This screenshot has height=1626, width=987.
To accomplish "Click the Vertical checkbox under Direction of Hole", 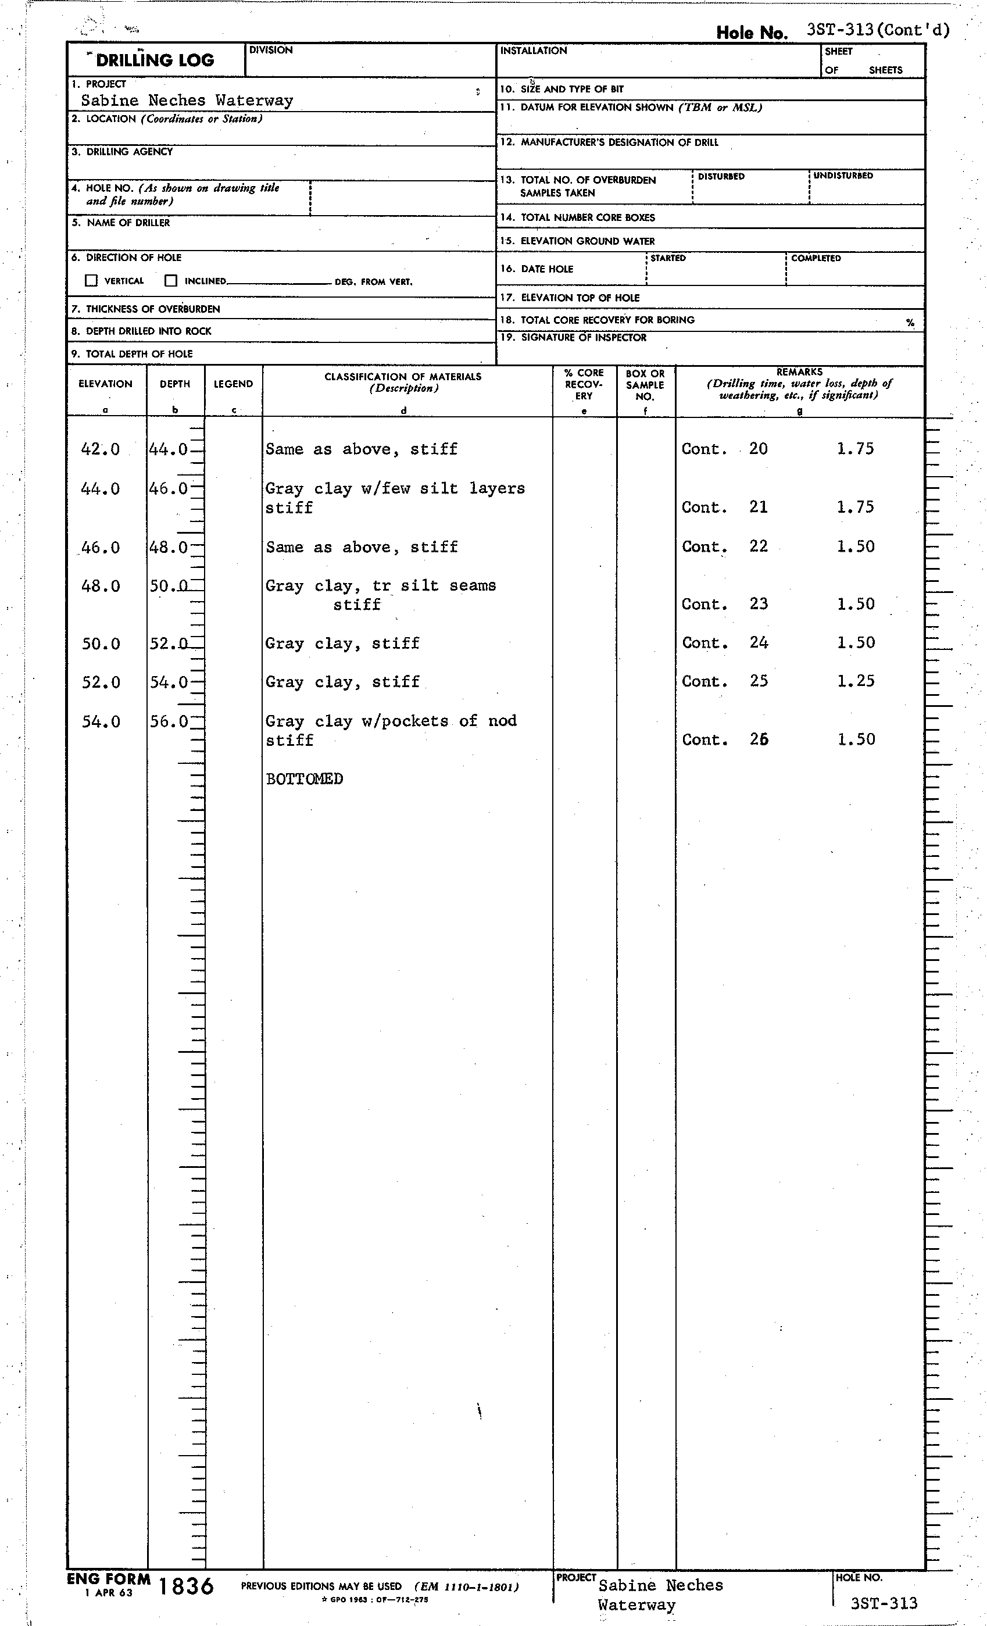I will click(x=91, y=280).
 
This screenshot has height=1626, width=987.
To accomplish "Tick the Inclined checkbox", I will click(x=171, y=280).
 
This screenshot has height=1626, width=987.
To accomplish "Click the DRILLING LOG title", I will click(x=155, y=60).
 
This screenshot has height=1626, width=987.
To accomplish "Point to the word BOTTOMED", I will click(x=304, y=778).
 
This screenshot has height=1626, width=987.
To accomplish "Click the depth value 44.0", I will click(x=168, y=449).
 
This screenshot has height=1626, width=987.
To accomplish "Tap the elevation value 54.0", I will click(x=101, y=721).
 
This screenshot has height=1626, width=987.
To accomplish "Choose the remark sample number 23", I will click(x=758, y=604).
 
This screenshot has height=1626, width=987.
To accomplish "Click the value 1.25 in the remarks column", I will click(x=856, y=681).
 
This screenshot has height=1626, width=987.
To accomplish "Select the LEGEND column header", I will click(x=233, y=384).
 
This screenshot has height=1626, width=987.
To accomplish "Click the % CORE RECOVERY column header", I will click(x=584, y=384).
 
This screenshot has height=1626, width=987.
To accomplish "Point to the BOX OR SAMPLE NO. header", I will click(x=645, y=385).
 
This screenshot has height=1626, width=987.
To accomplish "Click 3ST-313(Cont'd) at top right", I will click(x=878, y=30).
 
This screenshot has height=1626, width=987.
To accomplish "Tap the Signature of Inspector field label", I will click(x=583, y=337).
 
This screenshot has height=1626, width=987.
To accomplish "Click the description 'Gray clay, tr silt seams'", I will click(x=381, y=585).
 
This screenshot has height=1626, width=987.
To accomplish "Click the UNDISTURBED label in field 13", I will click(x=843, y=176).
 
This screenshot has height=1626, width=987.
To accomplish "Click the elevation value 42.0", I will click(x=101, y=449).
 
